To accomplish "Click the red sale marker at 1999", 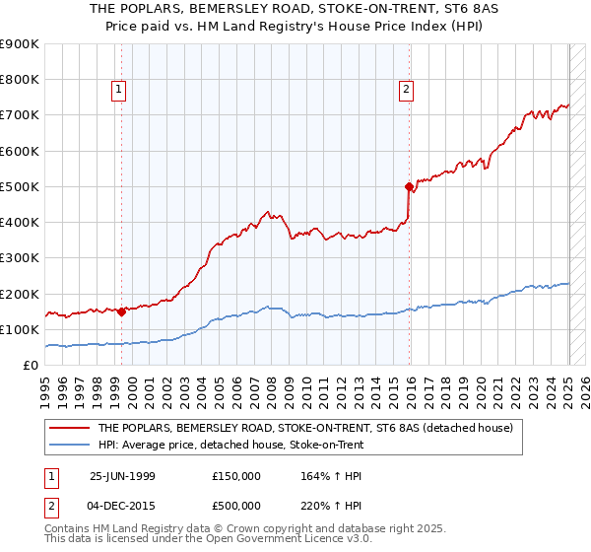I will [x=121, y=311].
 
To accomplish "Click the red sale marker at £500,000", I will [x=409, y=185].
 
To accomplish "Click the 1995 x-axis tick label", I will [x=45, y=388].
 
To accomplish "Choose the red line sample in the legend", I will [x=69, y=429].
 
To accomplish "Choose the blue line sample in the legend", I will [x=69, y=445].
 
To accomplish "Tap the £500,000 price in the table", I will [x=237, y=505].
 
